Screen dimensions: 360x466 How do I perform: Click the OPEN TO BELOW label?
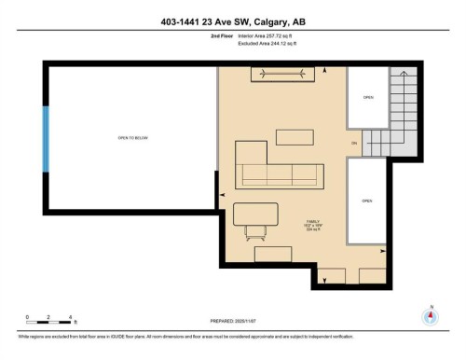click(x=132, y=138)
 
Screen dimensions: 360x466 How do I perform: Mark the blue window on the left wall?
click(x=45, y=138)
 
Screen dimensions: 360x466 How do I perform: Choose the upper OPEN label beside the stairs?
click(x=367, y=96)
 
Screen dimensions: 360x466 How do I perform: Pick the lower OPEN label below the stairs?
click(x=367, y=201)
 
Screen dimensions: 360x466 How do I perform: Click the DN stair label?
click(x=354, y=143)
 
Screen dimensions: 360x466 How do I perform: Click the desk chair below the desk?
click(x=254, y=231)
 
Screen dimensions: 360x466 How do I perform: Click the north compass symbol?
click(x=430, y=315)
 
